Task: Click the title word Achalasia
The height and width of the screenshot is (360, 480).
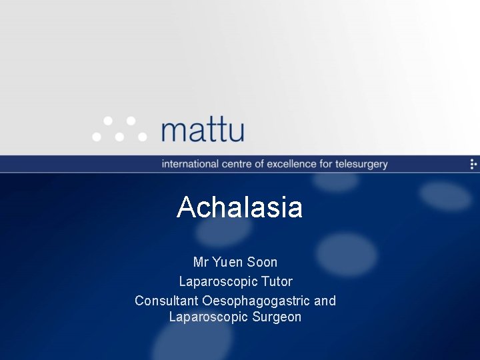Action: pyautogui.click(x=239, y=207)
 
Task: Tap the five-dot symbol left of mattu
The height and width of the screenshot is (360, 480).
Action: pyautogui.click(x=119, y=129)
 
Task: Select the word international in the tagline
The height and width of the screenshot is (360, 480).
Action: pyautogui.click(x=190, y=164)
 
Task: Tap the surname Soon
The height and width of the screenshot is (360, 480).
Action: pyautogui.click(x=262, y=262)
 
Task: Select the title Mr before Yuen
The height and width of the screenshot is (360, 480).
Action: pyautogui.click(x=201, y=262)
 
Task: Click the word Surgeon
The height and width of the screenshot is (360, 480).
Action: pyautogui.click(x=277, y=317)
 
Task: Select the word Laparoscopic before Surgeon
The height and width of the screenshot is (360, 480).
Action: pyautogui.click(x=209, y=317)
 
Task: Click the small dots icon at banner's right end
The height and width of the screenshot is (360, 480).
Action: pyautogui.click(x=473, y=164)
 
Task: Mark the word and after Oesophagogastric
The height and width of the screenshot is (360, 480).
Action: pyautogui.click(x=325, y=301)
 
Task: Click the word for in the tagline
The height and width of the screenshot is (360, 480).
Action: pyautogui.click(x=326, y=164)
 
